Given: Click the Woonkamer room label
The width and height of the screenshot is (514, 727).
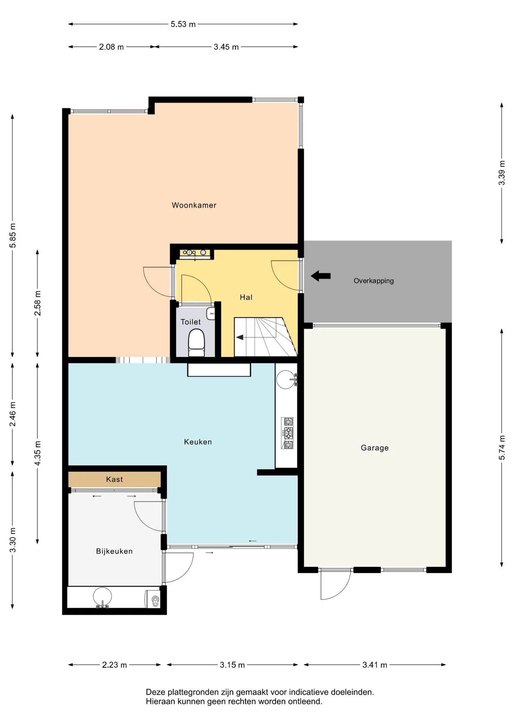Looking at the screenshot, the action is [x=194, y=205].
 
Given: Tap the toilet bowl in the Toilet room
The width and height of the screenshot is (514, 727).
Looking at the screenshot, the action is [x=196, y=343].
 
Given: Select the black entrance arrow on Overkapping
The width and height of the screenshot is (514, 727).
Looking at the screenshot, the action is [x=321, y=276].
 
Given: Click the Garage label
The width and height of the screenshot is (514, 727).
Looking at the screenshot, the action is [x=374, y=448].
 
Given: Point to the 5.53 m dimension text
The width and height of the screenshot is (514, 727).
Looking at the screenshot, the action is [x=183, y=24].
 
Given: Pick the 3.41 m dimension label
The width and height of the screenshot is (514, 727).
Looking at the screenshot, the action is [x=375, y=665].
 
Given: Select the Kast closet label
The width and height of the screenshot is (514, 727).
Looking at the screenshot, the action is [x=114, y=479].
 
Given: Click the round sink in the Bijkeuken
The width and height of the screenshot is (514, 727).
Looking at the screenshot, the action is [x=102, y=597].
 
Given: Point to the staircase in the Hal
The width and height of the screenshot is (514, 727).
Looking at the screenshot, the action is [x=265, y=337].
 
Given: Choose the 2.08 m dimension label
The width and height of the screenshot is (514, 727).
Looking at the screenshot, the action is [x=111, y=47].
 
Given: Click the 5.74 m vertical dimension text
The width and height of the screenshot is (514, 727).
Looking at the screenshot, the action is [x=502, y=448].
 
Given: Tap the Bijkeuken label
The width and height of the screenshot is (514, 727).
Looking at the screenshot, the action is [x=114, y=551].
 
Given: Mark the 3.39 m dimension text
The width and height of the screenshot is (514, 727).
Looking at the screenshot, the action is [x=502, y=173].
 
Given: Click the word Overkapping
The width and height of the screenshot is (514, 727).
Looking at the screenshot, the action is [x=374, y=281].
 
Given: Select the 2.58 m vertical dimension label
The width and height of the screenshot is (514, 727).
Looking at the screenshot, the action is [x=37, y=303].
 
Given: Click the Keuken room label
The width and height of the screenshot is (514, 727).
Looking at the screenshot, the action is [x=198, y=442].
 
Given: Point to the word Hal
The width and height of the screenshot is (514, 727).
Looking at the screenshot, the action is [x=246, y=297].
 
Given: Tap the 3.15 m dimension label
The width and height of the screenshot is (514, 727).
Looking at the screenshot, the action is [x=232, y=665].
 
